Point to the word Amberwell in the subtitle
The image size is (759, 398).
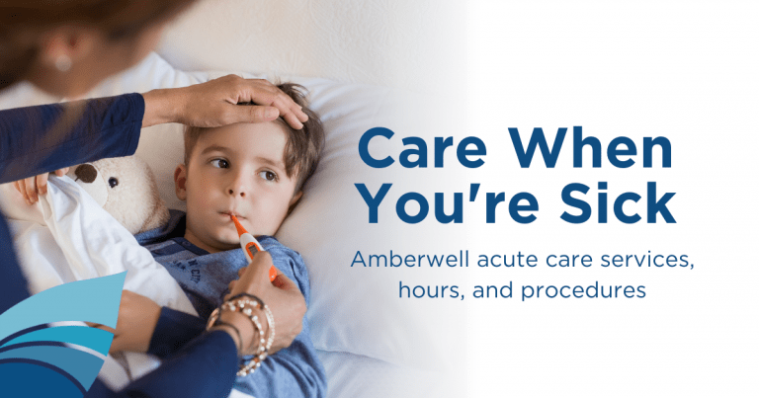coord(410,260)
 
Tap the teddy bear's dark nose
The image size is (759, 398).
coord(85,173)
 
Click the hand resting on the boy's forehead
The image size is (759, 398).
coord(231,103)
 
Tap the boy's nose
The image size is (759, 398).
coord(237,186)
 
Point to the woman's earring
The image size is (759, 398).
coord(63,63)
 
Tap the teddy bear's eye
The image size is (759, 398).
coord(113,183)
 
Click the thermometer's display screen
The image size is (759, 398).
coord(252,251)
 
